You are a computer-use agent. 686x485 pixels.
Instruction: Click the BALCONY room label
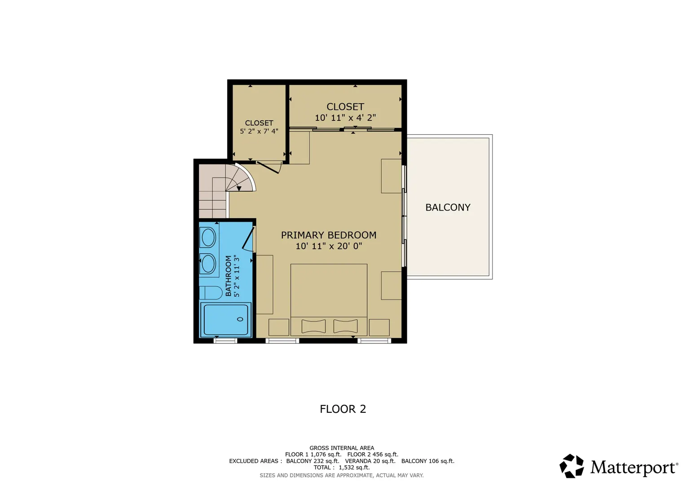[448, 207]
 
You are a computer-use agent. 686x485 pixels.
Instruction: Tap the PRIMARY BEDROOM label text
[329, 235]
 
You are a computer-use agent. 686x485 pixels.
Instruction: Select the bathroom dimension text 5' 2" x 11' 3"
[237, 276]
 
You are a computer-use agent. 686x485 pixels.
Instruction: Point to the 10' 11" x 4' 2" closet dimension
[345, 118]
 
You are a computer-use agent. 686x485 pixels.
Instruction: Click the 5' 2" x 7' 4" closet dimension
[259, 131]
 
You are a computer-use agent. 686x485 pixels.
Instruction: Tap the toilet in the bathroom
[211, 293]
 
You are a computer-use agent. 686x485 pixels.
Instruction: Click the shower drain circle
[240, 319]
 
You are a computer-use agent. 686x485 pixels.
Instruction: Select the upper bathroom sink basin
[208, 237]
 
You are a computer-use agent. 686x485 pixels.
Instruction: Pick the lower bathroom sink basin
[208, 264]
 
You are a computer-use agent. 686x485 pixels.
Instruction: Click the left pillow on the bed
[313, 326]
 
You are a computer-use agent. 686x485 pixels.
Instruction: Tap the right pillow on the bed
[345, 326]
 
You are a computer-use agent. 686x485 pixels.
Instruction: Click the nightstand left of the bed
[279, 327]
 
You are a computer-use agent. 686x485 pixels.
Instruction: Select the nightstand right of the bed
[379, 327]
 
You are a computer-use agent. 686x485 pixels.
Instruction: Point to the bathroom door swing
[248, 238]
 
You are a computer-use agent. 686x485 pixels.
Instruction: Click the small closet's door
[268, 168]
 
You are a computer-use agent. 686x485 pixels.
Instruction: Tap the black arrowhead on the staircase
[239, 189]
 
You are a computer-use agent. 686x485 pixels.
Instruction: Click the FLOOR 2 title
[343, 409]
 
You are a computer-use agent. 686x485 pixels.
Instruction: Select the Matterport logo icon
[572, 466]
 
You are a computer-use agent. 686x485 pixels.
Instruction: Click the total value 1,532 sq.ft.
[354, 467]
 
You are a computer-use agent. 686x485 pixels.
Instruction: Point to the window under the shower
[225, 340]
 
